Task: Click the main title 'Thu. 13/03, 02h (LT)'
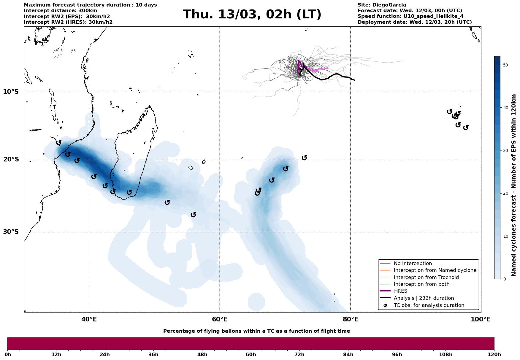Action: pyautogui.click(x=252, y=15)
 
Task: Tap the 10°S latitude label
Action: pyautogui.click(x=11, y=92)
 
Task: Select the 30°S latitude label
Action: pyautogui.click(x=11, y=232)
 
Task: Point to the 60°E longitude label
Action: pyautogui.click(x=220, y=319)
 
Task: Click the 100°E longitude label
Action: pyautogui.click(x=481, y=319)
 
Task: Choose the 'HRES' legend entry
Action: pyautogui.click(x=400, y=291)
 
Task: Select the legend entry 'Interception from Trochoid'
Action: pyautogui.click(x=426, y=277)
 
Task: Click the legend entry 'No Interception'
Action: pyautogui.click(x=413, y=264)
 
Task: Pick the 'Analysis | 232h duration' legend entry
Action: pyautogui.click(x=424, y=298)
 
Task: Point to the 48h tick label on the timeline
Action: pyautogui.click(x=202, y=354)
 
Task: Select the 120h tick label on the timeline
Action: pyautogui.click(x=494, y=354)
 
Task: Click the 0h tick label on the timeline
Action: pyautogui.click(x=8, y=354)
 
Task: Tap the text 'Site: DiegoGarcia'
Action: pyautogui.click(x=382, y=5)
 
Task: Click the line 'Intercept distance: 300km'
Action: pyautogui.click(x=60, y=11)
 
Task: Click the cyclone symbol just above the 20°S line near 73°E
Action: pyautogui.click(x=304, y=158)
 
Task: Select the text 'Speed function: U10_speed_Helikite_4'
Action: pyautogui.click(x=410, y=16)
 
